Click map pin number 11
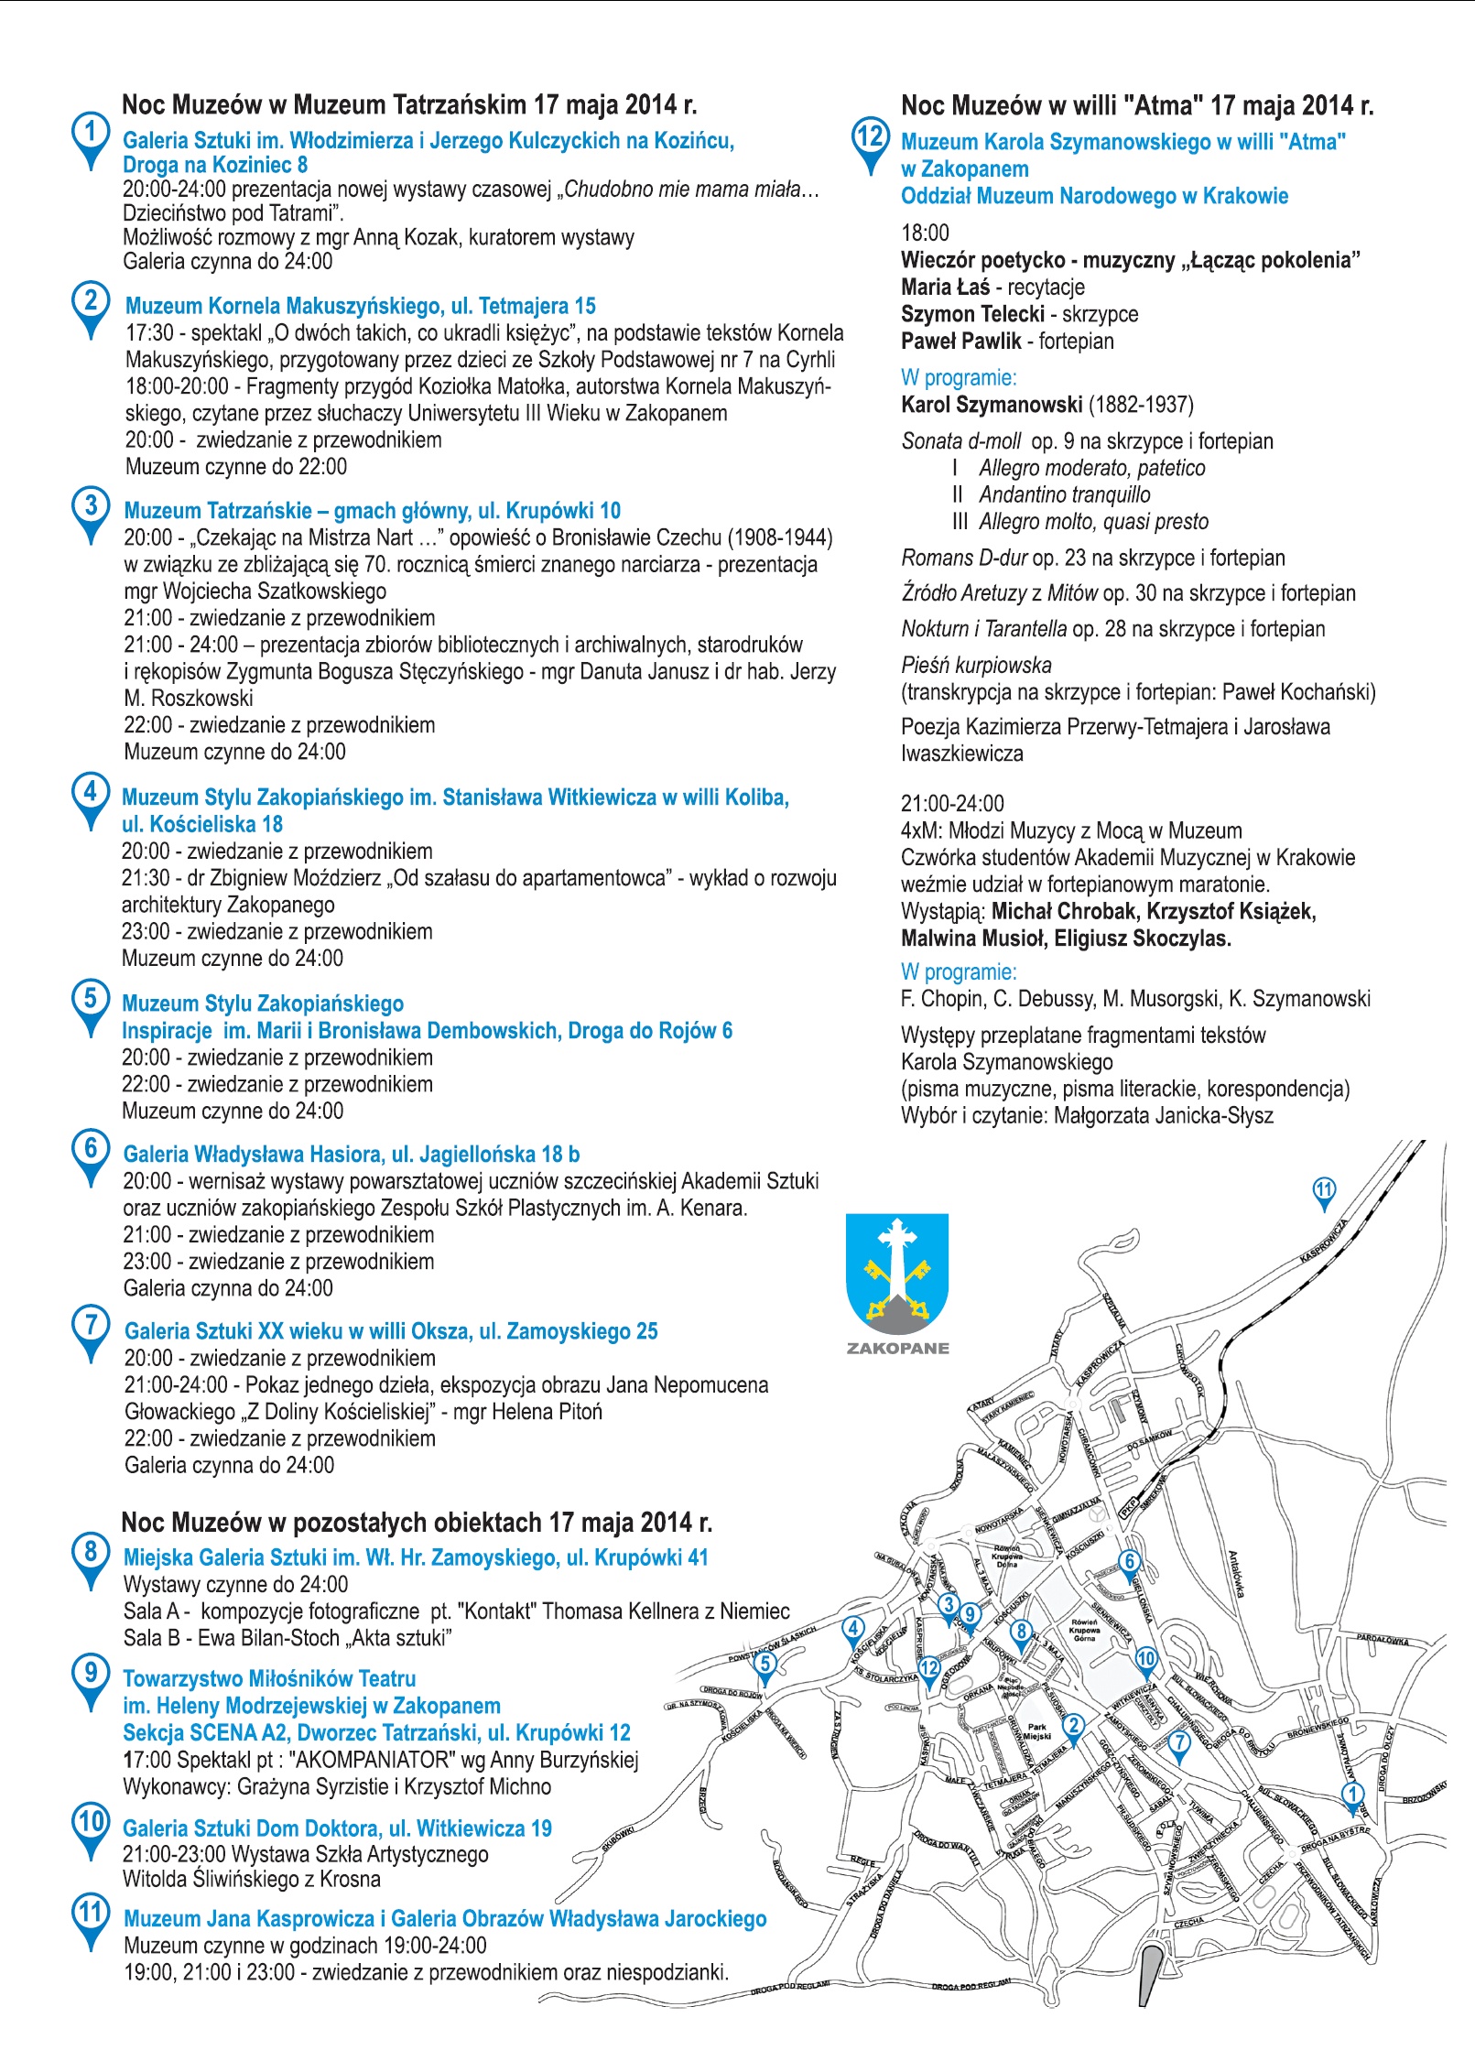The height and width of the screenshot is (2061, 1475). (x=1324, y=1191)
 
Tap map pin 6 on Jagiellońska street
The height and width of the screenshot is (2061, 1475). (x=1129, y=1562)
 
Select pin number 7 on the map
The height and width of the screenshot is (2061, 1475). (x=1179, y=1742)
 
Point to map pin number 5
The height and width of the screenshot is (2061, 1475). (x=765, y=1664)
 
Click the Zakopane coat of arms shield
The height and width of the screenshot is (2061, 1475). (x=896, y=1274)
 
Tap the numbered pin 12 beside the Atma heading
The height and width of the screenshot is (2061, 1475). (x=869, y=139)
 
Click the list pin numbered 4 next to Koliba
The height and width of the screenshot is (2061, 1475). (x=90, y=793)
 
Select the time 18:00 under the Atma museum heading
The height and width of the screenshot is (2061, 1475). (x=925, y=233)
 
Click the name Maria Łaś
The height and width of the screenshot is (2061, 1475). (x=945, y=287)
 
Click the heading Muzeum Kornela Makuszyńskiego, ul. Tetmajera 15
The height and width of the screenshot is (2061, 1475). (x=360, y=306)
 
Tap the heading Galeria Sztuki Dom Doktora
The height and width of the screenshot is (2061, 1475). (x=337, y=1829)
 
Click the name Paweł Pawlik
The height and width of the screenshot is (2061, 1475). (x=960, y=342)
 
